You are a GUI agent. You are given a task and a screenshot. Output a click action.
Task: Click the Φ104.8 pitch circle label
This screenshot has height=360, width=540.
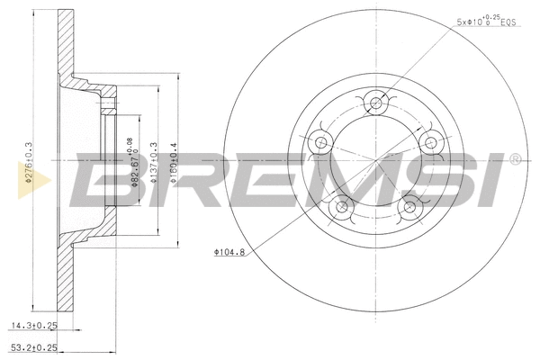click(229, 252)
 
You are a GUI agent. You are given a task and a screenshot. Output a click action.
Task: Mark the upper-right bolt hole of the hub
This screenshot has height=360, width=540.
click(429, 141)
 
